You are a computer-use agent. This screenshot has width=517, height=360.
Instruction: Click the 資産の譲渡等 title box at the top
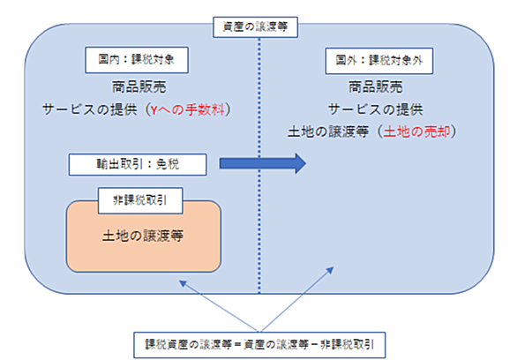tap(256, 27)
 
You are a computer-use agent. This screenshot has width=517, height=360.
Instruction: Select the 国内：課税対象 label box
tap(137, 60)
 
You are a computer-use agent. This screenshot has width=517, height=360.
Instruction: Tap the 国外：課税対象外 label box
tap(379, 61)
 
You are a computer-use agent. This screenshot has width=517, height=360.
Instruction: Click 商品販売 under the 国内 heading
tap(139, 87)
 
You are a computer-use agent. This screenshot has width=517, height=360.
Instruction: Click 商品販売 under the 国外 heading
tap(376, 87)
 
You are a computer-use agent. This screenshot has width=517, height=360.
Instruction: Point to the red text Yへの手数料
tap(187, 109)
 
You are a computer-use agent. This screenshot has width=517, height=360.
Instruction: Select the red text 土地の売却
tap(416, 131)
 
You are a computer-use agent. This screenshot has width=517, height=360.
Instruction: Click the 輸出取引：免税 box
tap(138, 164)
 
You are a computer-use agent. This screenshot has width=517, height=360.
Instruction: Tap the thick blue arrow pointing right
tap(263, 163)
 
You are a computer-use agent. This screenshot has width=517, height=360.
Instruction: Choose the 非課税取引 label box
tap(140, 200)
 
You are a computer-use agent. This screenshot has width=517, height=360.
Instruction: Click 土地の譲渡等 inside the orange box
tap(143, 236)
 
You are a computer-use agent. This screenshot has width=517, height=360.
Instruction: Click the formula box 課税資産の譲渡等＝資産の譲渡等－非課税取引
tap(259, 345)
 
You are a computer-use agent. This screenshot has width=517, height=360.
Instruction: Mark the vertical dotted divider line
tap(259, 166)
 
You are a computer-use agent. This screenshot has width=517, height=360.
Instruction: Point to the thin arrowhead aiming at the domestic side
tap(183, 283)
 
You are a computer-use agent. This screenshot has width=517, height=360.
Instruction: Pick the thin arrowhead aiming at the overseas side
tap(330, 271)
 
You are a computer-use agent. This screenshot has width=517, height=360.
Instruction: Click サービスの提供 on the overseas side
tap(376, 109)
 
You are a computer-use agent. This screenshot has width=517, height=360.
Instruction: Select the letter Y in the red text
tap(154, 110)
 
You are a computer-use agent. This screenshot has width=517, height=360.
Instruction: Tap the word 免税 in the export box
tap(168, 164)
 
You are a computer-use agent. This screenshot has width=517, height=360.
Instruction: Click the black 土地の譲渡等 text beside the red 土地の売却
tap(328, 131)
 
